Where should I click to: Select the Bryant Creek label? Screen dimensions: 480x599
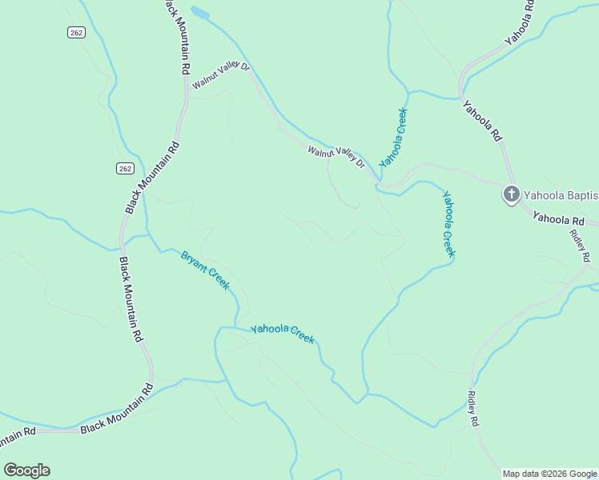(206, 270)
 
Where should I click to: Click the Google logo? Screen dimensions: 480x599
(26, 470)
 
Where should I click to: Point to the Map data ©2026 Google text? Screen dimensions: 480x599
(549, 474)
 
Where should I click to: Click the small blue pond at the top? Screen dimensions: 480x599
(200, 14)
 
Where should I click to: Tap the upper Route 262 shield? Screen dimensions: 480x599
(74, 31)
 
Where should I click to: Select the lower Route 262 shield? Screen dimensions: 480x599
(123, 168)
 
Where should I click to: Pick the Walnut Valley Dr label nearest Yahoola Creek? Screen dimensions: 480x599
(336, 155)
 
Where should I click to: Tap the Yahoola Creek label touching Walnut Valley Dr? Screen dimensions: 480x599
(394, 137)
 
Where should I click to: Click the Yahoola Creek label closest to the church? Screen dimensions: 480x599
(448, 223)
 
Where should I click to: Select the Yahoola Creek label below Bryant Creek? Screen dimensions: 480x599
(283, 334)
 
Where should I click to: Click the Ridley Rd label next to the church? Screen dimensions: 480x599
(581, 245)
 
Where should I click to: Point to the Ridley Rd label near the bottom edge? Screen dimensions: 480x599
(472, 407)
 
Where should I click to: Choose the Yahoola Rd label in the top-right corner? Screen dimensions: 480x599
(519, 22)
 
